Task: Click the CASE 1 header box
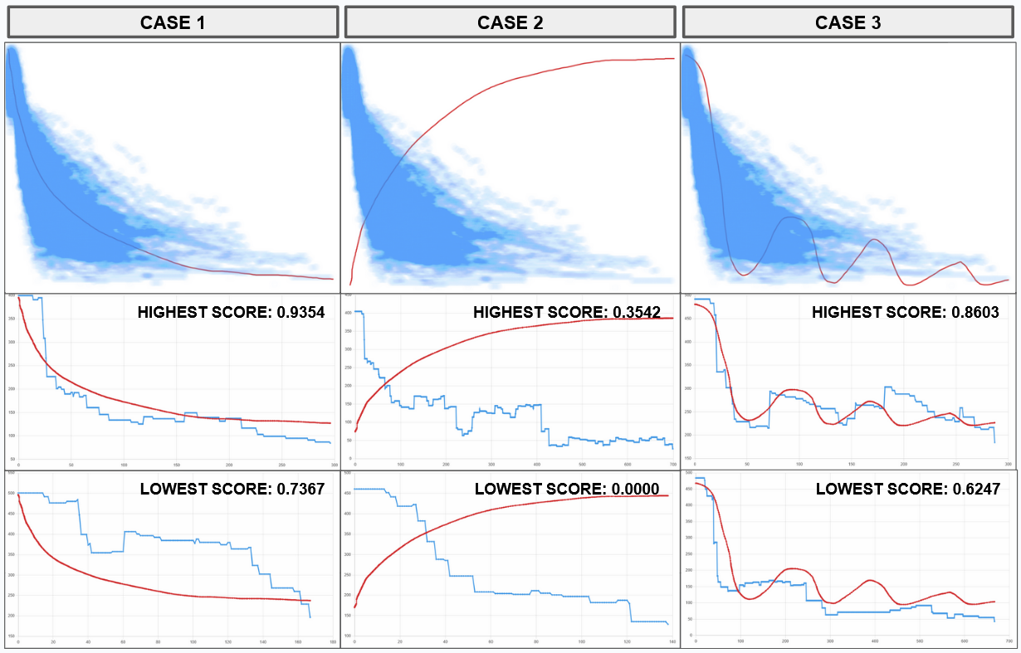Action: [172, 22]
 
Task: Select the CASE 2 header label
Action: [510, 22]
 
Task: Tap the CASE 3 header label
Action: [848, 22]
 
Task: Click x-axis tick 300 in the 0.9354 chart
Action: [334, 465]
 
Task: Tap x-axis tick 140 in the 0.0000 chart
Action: [668, 642]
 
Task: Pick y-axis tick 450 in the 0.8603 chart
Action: [689, 318]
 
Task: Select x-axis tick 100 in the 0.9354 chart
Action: [123, 465]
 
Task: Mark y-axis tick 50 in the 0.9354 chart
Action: [11, 458]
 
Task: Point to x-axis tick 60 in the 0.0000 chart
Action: [491, 642]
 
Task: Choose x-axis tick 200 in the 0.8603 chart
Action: [903, 465]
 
